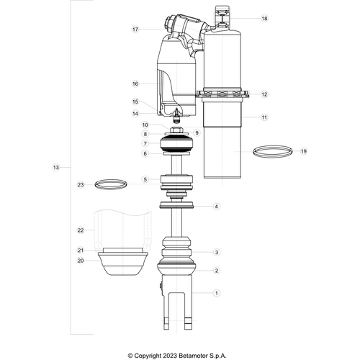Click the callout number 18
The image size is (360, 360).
pyautogui.click(x=264, y=19)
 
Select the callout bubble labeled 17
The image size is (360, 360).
pyautogui.click(x=135, y=30)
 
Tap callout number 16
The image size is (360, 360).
pyautogui.click(x=135, y=84)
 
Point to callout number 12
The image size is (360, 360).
pyautogui.click(x=264, y=94)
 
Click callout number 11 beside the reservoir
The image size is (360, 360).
pyautogui.click(x=264, y=117)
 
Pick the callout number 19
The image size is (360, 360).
pyautogui.click(x=303, y=151)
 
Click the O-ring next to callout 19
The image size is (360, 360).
pyautogui.click(x=274, y=151)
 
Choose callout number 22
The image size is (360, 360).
pyautogui.click(x=81, y=230)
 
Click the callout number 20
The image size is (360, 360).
pyautogui.click(x=81, y=260)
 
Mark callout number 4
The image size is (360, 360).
pyautogui.click(x=217, y=207)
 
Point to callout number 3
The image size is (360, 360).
pyautogui.click(x=217, y=252)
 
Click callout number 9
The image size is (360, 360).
pyautogui.click(x=196, y=132)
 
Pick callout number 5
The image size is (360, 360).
pyautogui.click(x=145, y=179)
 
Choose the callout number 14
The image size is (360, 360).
pyautogui.click(x=135, y=113)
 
